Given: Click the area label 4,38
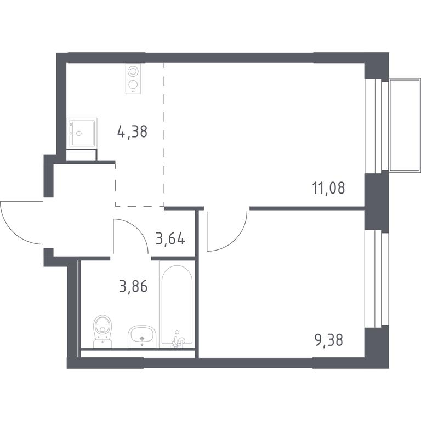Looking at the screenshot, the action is (132, 132).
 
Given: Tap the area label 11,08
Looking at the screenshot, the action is (328, 187).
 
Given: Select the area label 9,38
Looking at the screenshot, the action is (329, 340).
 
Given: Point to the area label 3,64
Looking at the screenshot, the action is (170, 238).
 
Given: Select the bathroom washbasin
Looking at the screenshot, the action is (142, 337).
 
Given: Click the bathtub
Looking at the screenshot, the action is (177, 304).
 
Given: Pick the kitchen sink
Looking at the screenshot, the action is (82, 133).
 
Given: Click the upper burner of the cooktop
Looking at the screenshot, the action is (133, 71).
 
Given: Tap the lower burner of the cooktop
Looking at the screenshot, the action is (133, 84).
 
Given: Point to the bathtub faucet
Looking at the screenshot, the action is (178, 340).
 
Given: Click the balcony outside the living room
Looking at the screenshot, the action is (405, 125).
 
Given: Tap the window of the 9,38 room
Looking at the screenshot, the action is (376, 279).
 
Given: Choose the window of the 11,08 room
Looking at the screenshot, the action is (376, 125).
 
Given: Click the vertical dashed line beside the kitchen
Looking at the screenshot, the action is (164, 134).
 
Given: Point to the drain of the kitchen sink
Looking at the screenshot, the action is (79, 133).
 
